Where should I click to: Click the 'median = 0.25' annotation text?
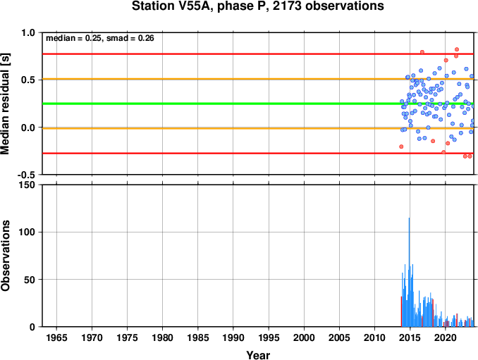pyautogui.click(x=73, y=38)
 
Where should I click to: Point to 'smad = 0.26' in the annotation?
pyautogui.click(x=130, y=38)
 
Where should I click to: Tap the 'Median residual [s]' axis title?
pyautogui.click(x=5, y=104)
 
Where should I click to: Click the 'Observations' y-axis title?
pyautogui.click(x=5, y=255)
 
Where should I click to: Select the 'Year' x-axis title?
pyautogui.click(x=258, y=355)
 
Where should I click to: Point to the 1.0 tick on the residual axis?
pyautogui.click(x=28, y=32)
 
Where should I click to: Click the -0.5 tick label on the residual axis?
pyautogui.click(x=26, y=175)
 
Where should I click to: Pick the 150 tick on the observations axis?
pyautogui.click(x=27, y=185)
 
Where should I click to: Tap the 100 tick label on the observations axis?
pyautogui.click(x=27, y=232)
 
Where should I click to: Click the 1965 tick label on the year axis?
pyautogui.click(x=56, y=337)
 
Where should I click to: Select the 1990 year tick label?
pyautogui.click(x=233, y=337)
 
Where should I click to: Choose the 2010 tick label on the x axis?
pyautogui.click(x=374, y=337)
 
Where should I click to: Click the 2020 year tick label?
pyautogui.click(x=445, y=337)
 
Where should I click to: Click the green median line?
pyautogui.click(x=258, y=104)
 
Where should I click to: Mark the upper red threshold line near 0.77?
pyautogui.click(x=258, y=54)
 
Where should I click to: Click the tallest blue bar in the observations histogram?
pyautogui.click(x=409, y=272)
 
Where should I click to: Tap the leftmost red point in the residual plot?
pyautogui.click(x=401, y=147)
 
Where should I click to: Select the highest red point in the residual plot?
pyautogui.click(x=457, y=49)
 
